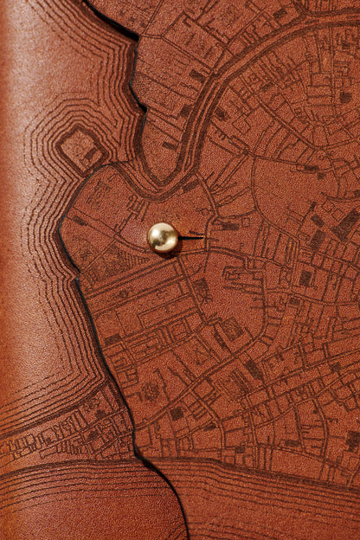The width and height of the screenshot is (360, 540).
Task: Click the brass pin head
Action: click(162, 237)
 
